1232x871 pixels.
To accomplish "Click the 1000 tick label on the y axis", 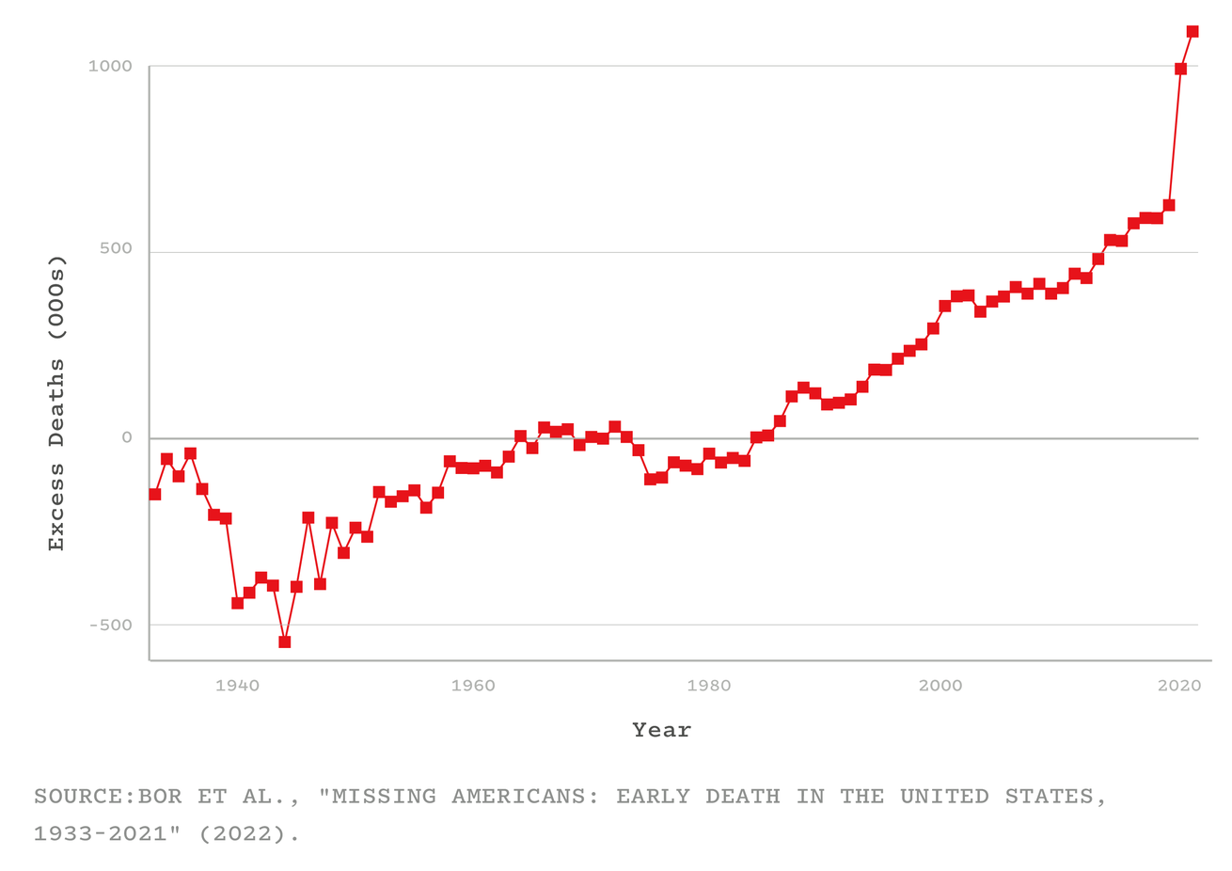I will [x=110, y=67].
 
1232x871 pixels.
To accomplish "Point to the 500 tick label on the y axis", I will [x=116, y=250].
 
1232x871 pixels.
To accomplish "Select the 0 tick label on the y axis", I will [x=126, y=437].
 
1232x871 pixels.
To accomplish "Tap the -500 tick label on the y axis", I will [x=110, y=626].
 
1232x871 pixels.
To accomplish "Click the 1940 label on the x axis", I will [x=237, y=686].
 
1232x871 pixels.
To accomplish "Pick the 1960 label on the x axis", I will [x=473, y=686].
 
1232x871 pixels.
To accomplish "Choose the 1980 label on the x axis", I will [x=708, y=686].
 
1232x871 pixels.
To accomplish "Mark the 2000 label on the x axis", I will [x=940, y=686].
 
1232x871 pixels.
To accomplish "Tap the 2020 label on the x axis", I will [x=1179, y=686].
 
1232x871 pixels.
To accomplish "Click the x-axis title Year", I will [x=661, y=730].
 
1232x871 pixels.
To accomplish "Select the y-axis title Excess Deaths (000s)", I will [x=56, y=403].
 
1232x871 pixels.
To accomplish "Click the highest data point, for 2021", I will [x=1193, y=32].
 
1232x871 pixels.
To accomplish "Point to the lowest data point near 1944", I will [x=284, y=642].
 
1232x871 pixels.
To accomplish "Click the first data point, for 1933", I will [x=155, y=495].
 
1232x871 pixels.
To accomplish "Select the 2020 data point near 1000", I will [x=1180, y=69].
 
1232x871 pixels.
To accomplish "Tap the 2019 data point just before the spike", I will [x=1169, y=205].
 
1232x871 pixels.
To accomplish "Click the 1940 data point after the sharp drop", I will [x=237, y=603].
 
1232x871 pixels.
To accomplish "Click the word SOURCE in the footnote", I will [x=78, y=797].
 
